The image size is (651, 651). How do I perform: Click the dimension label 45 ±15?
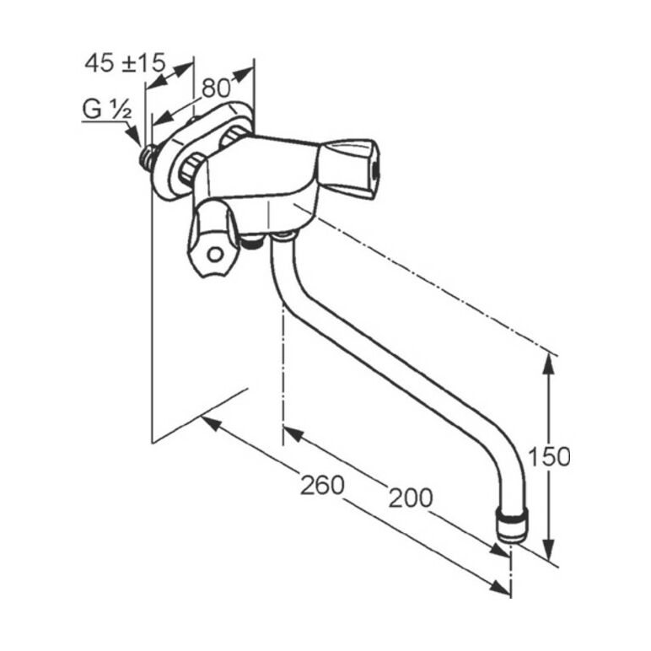[125, 63]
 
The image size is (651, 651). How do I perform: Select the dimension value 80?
[216, 88]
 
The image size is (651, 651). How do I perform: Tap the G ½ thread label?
[107, 110]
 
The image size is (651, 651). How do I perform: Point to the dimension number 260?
[322, 485]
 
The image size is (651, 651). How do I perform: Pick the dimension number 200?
[410, 498]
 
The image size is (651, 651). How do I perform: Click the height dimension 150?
[549, 457]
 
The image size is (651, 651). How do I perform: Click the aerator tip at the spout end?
[512, 525]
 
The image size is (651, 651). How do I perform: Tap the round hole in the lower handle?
[215, 255]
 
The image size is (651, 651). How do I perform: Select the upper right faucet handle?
[349, 168]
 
